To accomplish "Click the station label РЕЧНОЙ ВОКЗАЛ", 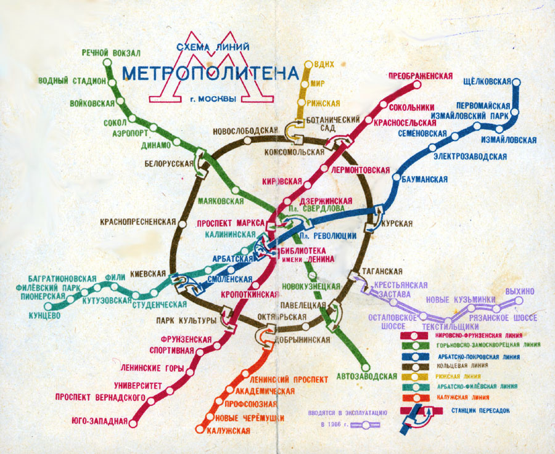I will point(111,52).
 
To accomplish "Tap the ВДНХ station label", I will point(324,65).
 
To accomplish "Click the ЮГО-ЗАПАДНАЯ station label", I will point(99,422).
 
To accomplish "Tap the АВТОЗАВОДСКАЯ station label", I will point(366,376).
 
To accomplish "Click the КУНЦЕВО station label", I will point(44,316).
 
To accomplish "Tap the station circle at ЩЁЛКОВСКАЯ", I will point(517,82).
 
